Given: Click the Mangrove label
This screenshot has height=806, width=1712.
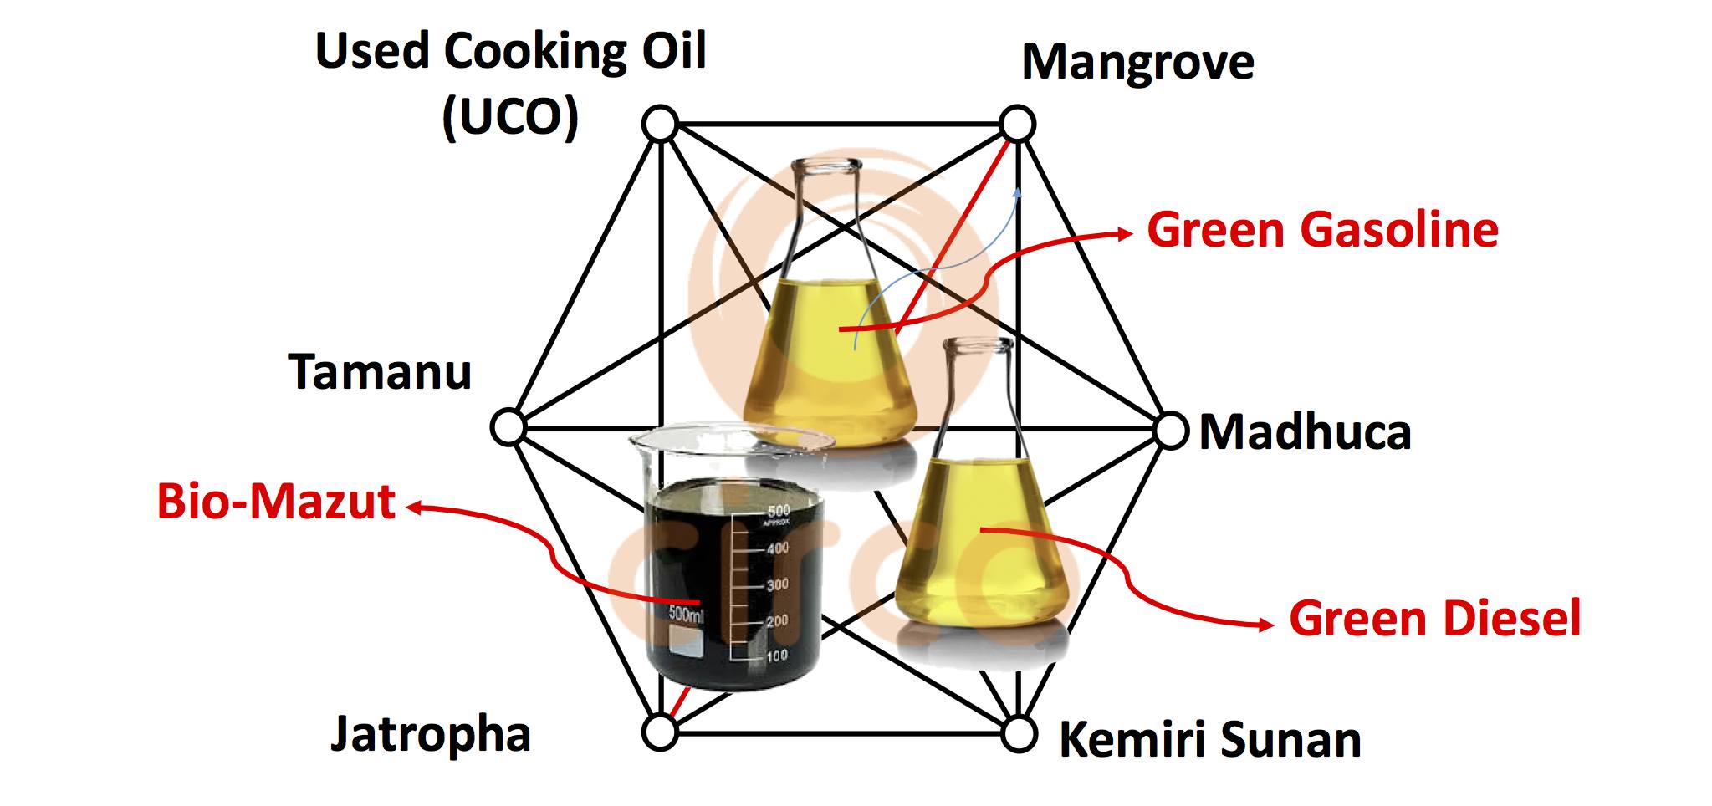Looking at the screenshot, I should pos(1137,62).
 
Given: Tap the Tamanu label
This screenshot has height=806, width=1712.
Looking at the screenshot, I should pos(381,372).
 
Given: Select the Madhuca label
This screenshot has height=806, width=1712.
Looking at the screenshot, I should pos(1305,432).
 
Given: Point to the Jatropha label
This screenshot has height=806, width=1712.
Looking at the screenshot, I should pos(431,734).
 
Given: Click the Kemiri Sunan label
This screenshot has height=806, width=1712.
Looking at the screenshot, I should pos(1210,740).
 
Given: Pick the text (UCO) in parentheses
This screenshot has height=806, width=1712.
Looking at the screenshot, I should pos(510,117).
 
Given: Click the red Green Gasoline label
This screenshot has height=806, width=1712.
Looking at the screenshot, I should pos(1322,230).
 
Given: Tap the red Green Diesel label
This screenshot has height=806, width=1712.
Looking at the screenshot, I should pos(1434,619).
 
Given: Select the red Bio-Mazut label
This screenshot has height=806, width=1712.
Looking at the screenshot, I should pos(276,502).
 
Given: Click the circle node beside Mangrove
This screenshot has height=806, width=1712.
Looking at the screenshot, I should pos(1018,125).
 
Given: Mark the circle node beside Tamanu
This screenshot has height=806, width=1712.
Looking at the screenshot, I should pos(507,426).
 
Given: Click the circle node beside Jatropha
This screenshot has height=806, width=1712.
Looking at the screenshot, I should pos(659,732).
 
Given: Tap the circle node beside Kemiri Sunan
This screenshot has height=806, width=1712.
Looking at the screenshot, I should pos(1018,734).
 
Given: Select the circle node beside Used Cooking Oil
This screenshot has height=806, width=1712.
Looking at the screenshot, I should pos(659,125).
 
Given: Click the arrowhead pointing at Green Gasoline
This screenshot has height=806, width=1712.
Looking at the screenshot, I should pos(1126,234).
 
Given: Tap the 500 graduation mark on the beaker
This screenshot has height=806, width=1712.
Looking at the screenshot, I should pos(778,511).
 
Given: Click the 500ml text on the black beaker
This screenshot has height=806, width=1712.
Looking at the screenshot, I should pos(687,615).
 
